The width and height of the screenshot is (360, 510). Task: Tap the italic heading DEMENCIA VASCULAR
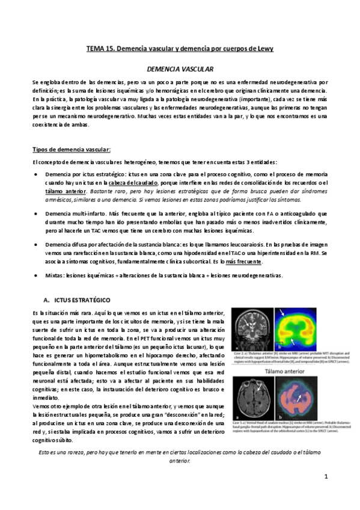(x=180, y=70)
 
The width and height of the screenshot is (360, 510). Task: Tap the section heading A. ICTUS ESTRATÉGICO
(x=77, y=299)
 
